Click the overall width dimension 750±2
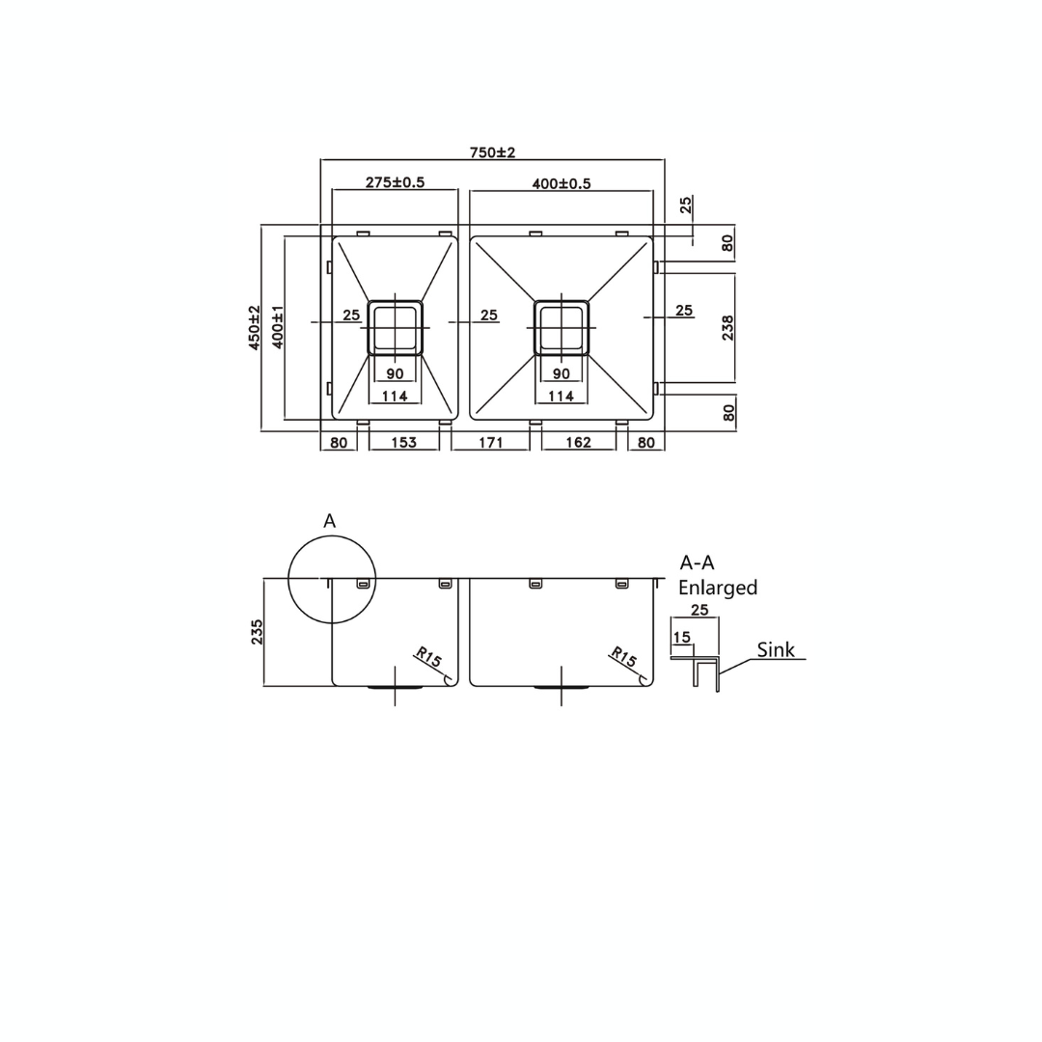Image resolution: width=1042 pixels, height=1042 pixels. coord(492,152)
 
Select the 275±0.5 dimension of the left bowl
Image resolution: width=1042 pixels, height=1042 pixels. coord(395,182)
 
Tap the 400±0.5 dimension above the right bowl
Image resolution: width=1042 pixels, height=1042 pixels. coord(561,183)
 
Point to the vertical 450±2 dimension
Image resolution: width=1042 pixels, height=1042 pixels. coord(255,327)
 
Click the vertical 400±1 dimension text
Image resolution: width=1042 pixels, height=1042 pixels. coord(277,327)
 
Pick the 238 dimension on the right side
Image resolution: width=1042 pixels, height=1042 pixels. coord(727,328)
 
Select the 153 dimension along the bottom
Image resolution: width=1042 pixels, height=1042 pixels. coord(403,443)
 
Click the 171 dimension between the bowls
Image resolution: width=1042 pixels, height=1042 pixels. coord(490,443)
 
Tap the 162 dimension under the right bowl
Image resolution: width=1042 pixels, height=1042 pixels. coord(578,443)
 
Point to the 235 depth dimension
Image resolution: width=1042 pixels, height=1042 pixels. coord(257,632)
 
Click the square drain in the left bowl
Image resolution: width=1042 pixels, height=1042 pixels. coord(395,327)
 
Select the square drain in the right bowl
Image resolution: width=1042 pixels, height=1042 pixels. coord(562,327)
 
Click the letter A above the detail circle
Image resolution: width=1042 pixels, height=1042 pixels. coord(329,521)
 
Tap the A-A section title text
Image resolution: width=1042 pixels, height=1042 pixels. coord(697,563)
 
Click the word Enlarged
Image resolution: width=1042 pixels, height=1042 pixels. coord(718,588)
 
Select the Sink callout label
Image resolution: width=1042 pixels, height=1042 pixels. coord(776,649)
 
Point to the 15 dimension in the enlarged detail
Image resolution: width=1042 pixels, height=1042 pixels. coord(682,638)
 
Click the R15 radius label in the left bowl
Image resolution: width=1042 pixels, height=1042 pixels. coord(428,659)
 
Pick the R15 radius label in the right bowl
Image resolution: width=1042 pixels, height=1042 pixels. coord(623,658)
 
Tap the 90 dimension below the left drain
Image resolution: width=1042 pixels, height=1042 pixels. coord(395,373)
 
